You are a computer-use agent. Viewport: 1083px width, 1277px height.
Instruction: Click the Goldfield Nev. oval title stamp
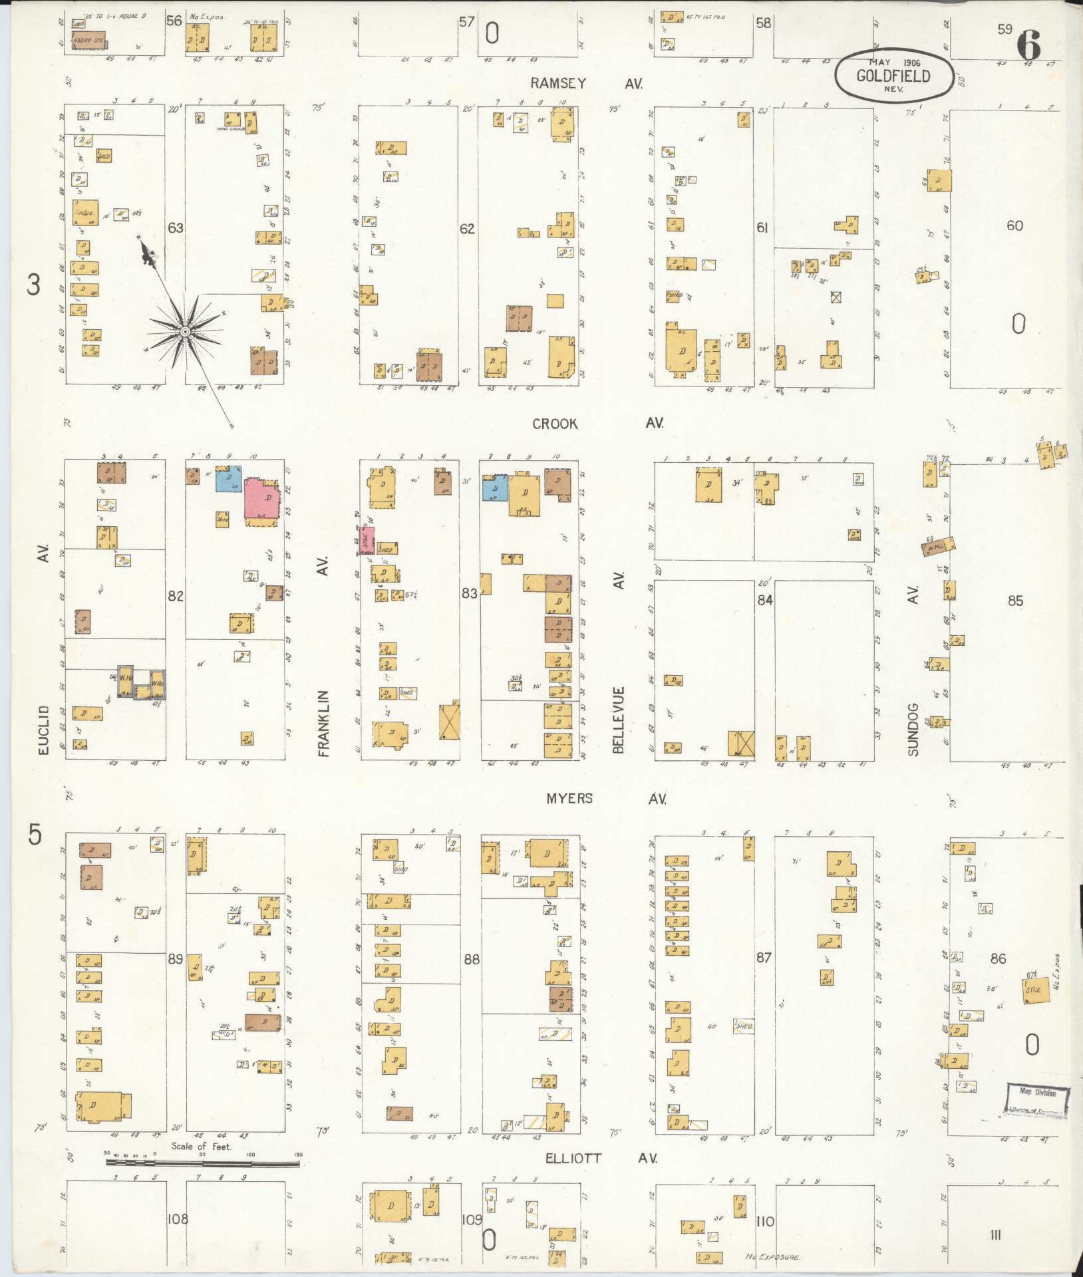(893, 74)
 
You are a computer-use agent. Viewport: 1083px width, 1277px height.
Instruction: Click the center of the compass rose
(186, 331)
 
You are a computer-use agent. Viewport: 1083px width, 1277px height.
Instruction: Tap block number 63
(175, 228)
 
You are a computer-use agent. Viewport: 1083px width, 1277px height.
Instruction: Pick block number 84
(764, 600)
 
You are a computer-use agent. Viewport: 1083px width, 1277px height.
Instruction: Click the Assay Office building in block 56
(88, 39)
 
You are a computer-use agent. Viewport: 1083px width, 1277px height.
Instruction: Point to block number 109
(472, 1220)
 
